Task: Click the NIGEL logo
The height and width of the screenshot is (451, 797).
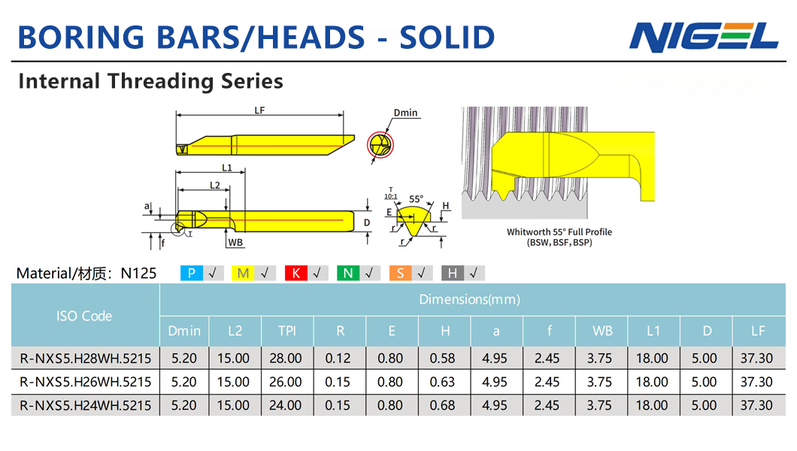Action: [704, 37]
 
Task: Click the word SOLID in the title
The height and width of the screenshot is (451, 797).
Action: [447, 38]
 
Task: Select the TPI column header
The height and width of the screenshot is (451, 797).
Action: [287, 331]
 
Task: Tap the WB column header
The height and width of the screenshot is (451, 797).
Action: [602, 331]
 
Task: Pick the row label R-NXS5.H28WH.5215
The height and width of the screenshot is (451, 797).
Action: [86, 359]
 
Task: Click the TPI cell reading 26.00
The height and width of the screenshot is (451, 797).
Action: [286, 382]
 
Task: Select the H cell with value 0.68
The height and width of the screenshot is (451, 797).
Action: [442, 406]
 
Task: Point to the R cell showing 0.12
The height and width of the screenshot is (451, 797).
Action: [338, 359]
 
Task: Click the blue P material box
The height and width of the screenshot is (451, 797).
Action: [192, 274]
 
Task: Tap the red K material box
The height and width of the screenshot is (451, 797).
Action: [295, 274]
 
